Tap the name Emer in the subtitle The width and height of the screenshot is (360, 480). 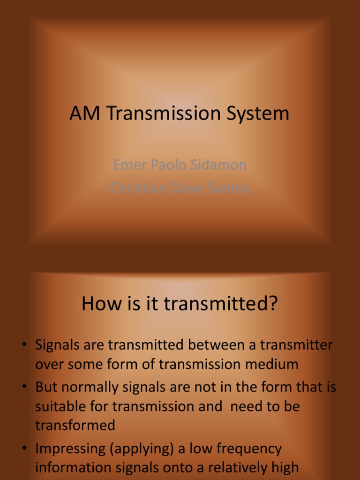128,165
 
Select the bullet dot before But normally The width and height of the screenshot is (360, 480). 24,387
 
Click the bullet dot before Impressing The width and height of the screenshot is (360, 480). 24,449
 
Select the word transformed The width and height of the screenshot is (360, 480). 75,425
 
